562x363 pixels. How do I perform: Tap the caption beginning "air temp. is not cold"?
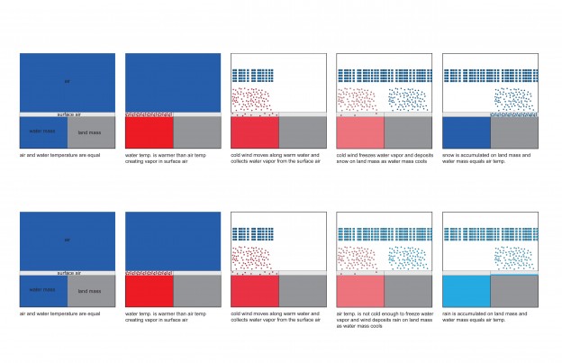click(x=383, y=321)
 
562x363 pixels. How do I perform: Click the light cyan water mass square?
click(x=467, y=291)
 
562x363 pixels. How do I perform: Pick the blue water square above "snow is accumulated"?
click(x=467, y=133)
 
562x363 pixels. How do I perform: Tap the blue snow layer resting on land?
click(x=514, y=115)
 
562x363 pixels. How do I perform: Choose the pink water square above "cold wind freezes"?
click(x=360, y=133)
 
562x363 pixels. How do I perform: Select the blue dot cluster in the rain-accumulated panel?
click(x=515, y=257)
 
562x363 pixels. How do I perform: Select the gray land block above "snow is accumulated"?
click(x=514, y=133)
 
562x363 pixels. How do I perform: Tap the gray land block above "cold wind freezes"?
click(x=408, y=133)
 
